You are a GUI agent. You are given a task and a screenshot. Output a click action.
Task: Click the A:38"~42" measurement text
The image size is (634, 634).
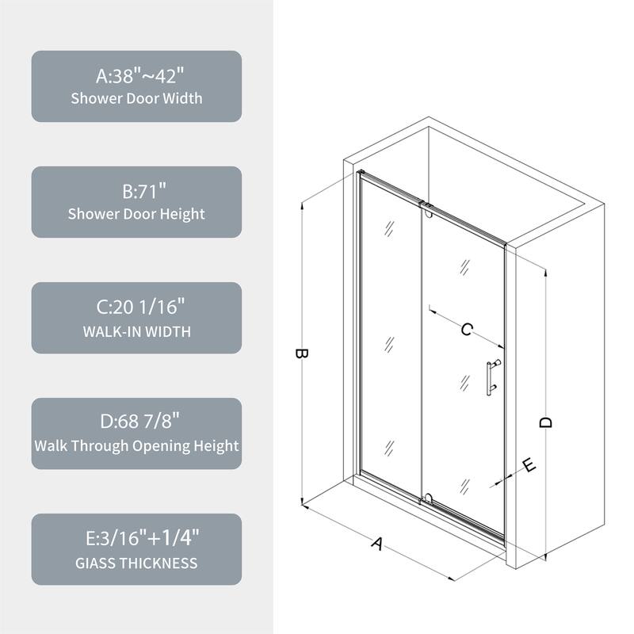click(136, 76)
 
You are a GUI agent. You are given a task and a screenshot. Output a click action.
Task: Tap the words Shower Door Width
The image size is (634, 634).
click(136, 99)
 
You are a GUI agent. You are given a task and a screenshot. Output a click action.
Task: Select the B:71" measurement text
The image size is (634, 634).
click(136, 192)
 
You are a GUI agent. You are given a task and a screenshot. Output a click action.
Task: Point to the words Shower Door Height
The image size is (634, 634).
click(136, 214)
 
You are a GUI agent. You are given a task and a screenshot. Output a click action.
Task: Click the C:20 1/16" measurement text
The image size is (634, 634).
click(136, 307)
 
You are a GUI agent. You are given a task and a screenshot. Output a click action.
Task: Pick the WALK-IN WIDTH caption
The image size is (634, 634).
click(136, 330)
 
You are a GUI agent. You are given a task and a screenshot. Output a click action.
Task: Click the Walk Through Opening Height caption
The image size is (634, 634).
click(136, 446)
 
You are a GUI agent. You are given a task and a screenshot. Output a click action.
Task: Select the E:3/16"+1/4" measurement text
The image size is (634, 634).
click(136, 540)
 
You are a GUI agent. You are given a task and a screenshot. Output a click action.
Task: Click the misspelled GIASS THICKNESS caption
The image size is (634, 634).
click(136, 563)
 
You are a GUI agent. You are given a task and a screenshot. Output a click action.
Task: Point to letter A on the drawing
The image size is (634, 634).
click(378, 544)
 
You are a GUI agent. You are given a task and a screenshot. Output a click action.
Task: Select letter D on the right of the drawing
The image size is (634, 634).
click(545, 422)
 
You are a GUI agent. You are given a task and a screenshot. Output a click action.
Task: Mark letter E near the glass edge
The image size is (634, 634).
click(529, 465)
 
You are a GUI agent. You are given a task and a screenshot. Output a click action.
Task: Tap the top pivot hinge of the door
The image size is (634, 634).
click(428, 211)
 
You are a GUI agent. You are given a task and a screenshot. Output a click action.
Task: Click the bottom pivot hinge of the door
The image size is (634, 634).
click(428, 498)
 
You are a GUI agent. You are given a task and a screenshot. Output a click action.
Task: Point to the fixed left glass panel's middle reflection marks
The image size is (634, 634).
click(389, 345)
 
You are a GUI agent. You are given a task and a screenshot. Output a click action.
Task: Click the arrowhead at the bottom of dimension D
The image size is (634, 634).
click(545, 556)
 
